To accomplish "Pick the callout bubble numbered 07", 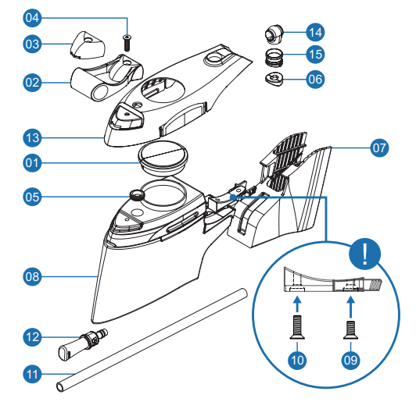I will (379, 146).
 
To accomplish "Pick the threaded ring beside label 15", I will (274, 57).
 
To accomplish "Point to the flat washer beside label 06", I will (274, 78).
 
